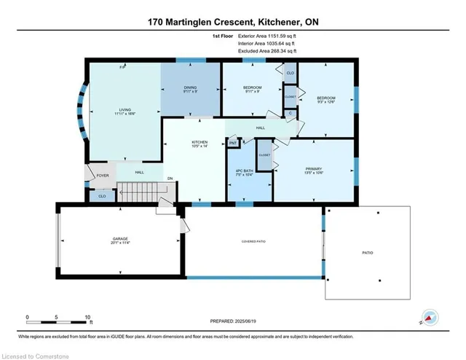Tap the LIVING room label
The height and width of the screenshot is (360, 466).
pos(124,112)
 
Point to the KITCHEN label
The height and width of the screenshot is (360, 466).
pos(200,144)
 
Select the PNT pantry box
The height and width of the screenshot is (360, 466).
pos(234,144)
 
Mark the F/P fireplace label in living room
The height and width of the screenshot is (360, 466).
pos(123,67)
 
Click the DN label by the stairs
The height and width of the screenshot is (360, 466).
pos(170,179)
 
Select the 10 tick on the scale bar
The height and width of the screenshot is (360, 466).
pos(87,318)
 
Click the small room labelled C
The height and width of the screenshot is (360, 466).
pos(291,112)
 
